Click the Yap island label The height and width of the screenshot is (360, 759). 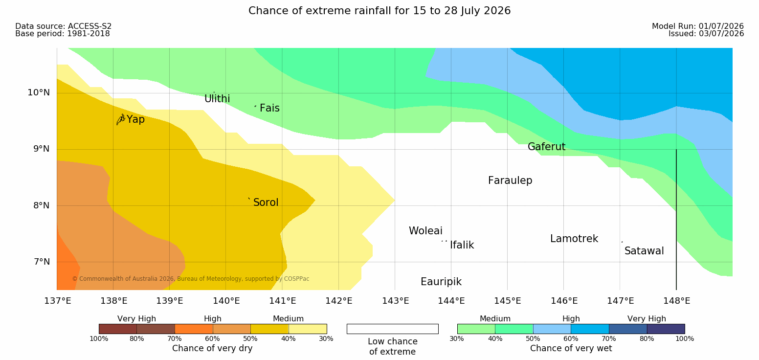[135, 120]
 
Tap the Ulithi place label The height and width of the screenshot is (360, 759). [217, 99]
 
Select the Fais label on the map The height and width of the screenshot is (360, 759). [270, 108]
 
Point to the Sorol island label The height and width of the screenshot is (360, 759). [266, 202]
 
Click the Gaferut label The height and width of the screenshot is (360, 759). [547, 147]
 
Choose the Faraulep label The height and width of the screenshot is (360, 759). [510, 180]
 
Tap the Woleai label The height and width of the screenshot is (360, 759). [425, 231]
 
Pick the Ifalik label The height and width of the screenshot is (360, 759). [462, 245]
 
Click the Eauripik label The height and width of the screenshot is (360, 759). [441, 282]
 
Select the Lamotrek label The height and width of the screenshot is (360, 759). [574, 239]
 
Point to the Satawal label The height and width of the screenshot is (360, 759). [644, 251]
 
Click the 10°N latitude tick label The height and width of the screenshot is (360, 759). [39, 92]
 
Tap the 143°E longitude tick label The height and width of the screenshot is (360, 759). [396, 301]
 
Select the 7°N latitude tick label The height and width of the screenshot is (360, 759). [42, 262]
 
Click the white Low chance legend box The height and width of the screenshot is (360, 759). [392, 329]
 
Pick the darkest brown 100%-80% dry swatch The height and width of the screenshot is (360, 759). [118, 329]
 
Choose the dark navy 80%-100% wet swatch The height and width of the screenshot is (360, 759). [666, 329]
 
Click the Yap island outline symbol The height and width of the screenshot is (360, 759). [121, 120]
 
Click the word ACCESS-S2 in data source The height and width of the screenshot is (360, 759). [90, 26]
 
